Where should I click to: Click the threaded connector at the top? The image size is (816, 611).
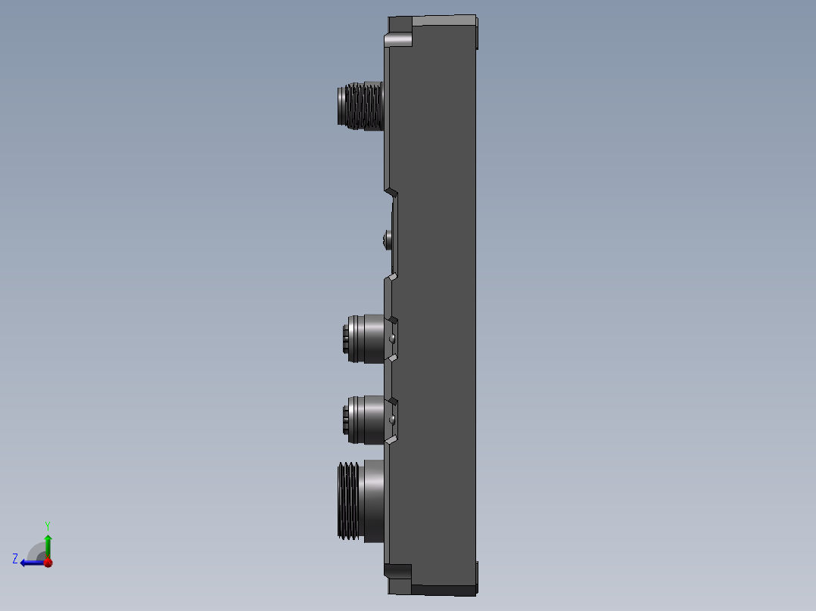[x=360, y=106]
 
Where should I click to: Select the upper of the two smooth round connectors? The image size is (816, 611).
[x=365, y=339]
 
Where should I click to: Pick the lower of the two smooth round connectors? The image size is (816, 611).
[x=365, y=420]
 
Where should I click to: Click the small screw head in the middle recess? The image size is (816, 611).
[x=388, y=240]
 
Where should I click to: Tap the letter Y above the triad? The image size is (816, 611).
[x=47, y=525]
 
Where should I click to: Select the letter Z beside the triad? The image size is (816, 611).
[x=15, y=558]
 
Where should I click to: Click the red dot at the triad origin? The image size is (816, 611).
[x=48, y=563]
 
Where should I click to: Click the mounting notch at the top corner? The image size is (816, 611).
[x=397, y=39]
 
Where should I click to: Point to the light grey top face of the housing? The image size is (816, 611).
[x=433, y=20]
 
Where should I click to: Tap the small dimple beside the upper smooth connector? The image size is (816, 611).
[x=393, y=340]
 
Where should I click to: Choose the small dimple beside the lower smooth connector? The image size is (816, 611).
[x=393, y=418]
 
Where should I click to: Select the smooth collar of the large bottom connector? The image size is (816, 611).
[x=374, y=501]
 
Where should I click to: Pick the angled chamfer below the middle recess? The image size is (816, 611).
[x=391, y=278]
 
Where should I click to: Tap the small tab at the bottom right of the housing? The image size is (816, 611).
[x=478, y=576]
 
